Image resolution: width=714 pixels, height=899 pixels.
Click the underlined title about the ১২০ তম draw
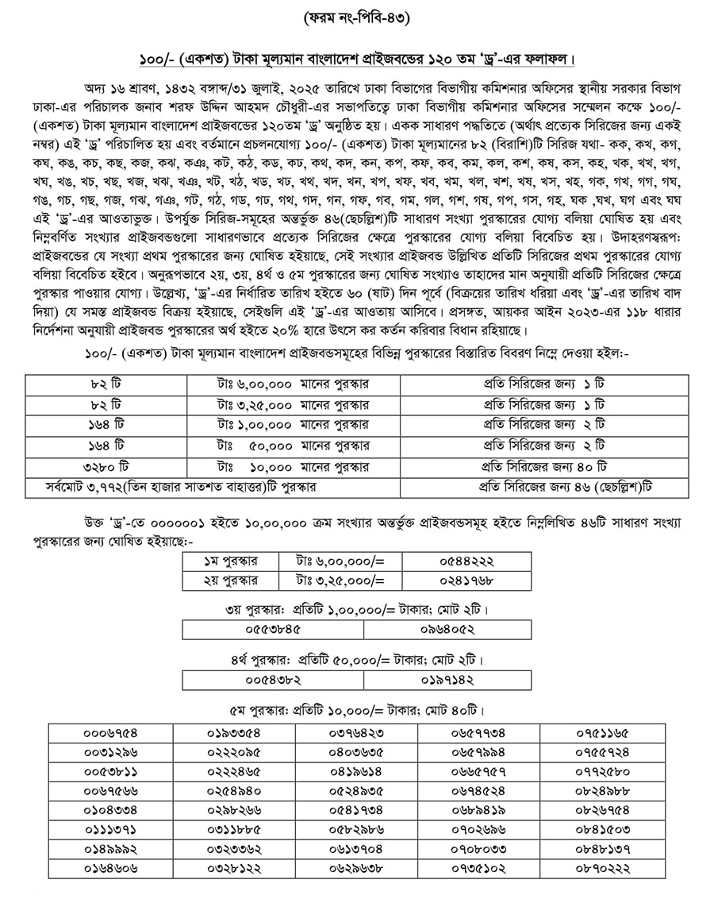tap(356, 60)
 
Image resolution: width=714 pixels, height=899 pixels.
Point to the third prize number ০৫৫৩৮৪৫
tap(274, 630)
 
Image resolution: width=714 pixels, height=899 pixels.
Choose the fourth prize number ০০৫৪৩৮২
tap(274, 681)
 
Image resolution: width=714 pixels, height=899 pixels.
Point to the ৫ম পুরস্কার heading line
tap(356, 710)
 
